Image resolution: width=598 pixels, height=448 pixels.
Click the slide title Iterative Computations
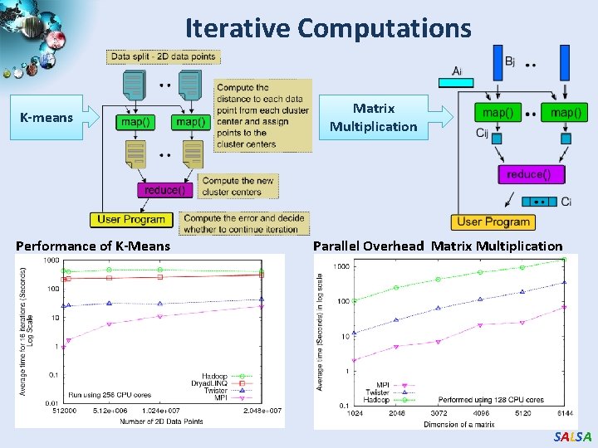(x=328, y=28)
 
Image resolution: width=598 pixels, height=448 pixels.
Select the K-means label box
(x=47, y=118)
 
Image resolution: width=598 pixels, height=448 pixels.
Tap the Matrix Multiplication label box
(x=373, y=118)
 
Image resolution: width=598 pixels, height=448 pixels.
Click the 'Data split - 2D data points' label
(x=163, y=56)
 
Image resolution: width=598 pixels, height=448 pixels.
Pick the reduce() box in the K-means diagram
(x=163, y=190)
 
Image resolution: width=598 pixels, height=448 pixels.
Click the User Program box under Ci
(x=493, y=222)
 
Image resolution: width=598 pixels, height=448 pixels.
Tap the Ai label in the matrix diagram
(x=458, y=71)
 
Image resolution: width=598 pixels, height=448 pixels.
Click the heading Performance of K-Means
(x=93, y=246)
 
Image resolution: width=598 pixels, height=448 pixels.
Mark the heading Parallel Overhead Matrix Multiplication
(x=437, y=246)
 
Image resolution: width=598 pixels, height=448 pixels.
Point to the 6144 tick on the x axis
(x=564, y=413)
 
